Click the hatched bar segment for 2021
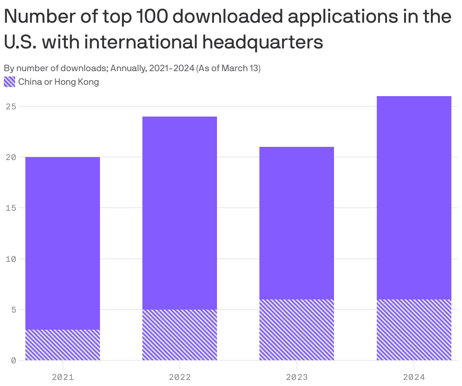[62, 345]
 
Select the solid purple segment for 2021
[62, 243]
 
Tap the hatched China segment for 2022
[179, 335]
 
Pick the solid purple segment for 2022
[179, 213]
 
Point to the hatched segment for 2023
[297, 330]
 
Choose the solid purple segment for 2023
[297, 223]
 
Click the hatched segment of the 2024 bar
[414, 330]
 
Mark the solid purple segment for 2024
[414, 198]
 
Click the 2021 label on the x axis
[63, 377]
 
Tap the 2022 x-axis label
[180, 377]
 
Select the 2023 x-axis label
[297, 377]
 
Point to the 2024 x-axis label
[414, 377]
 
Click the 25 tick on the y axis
[11, 106]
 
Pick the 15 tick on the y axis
[11, 208]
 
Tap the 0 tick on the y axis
[13, 360]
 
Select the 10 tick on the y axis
[11, 259]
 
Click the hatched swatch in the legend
[9, 82]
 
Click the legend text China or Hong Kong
[58, 82]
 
